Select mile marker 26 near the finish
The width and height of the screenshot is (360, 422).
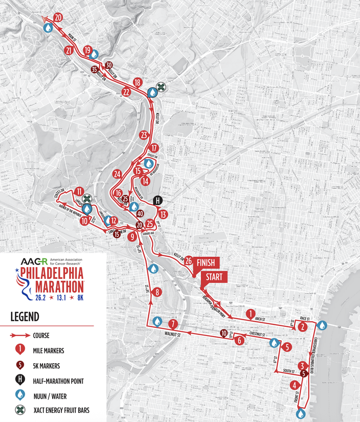pos(189,261)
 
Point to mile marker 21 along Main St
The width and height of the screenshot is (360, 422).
pos(69,50)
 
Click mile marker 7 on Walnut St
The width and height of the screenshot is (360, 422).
pos(173,324)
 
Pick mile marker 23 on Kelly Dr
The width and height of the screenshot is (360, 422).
pos(144,136)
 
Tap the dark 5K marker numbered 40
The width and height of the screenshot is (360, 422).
pos(140,214)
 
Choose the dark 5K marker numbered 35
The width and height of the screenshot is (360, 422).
pos(94,69)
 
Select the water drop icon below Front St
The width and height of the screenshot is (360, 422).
pos(302,412)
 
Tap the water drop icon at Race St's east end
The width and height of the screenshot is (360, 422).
pos(322,325)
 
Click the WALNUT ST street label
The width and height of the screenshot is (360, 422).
pos(173,335)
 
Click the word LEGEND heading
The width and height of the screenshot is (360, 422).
pos(25,317)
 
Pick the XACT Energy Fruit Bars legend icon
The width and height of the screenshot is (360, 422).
pos(19,410)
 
